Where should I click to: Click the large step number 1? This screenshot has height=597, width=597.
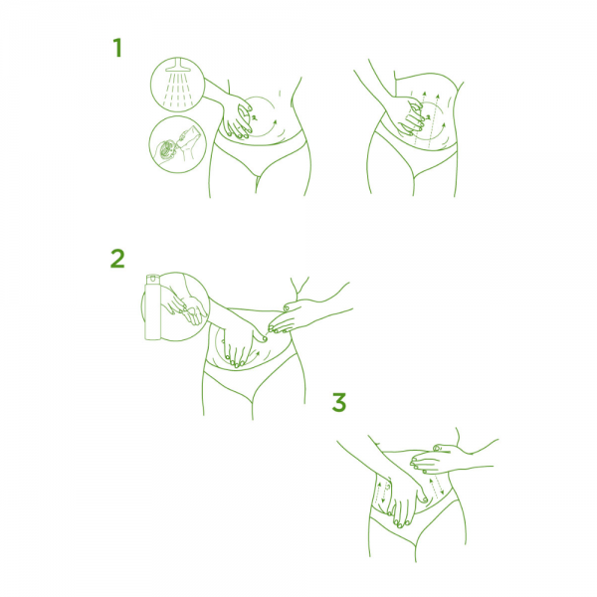click(118, 48)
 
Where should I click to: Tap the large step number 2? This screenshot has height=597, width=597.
click(117, 259)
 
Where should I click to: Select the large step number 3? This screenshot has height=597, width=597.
click(339, 402)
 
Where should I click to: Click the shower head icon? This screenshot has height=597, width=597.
click(177, 66)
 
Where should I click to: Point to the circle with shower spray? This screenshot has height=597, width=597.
click(177, 85)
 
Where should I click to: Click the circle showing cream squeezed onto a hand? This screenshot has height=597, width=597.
click(177, 144)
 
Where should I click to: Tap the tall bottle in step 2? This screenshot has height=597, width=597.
click(152, 306)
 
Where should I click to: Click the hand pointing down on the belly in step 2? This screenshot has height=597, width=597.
click(240, 344)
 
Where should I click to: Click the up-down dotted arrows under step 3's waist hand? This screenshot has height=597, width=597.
click(437, 489)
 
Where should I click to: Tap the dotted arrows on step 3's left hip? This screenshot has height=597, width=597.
click(382, 492)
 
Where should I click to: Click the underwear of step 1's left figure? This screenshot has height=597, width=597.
click(260, 152)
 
